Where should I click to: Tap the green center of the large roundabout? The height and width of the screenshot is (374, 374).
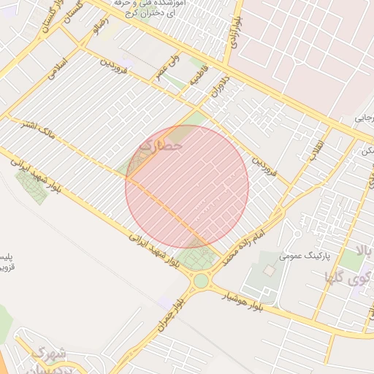[x=201, y=281]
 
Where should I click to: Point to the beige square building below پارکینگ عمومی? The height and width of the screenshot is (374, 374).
[x=267, y=271]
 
